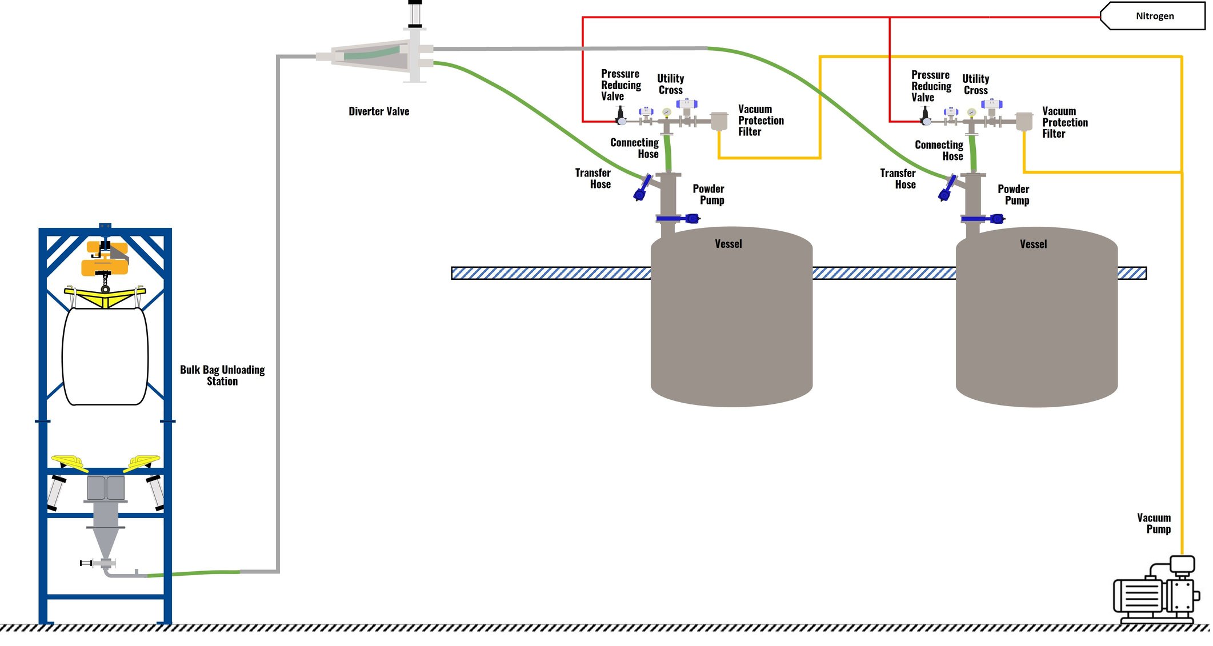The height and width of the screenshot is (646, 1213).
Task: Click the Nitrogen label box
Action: pos(1154,16)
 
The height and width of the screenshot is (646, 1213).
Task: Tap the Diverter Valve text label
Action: pos(379,111)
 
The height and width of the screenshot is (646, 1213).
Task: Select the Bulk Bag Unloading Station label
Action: pos(222,375)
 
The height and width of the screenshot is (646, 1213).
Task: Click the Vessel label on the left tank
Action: pos(728,244)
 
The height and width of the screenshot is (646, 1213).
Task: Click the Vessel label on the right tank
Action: pos(1033,244)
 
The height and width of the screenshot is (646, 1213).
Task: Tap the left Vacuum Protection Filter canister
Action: pos(719,121)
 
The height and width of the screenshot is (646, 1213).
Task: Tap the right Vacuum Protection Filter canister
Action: pos(1024,122)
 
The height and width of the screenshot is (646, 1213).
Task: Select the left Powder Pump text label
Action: pos(708,194)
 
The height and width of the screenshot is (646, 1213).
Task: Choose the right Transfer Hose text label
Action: pos(898,179)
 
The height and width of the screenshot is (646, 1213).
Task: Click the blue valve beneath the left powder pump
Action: pos(678,218)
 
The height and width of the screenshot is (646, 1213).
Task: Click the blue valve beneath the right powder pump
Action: pos(983,219)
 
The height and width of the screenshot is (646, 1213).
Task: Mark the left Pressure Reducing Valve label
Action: pos(620,85)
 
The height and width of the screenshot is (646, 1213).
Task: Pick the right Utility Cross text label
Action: pos(975,85)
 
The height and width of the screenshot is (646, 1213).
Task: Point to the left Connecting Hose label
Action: pos(635,148)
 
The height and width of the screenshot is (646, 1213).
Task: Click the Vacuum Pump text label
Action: pos(1154,523)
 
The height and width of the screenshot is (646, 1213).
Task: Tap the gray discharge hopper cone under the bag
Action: pos(105,540)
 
